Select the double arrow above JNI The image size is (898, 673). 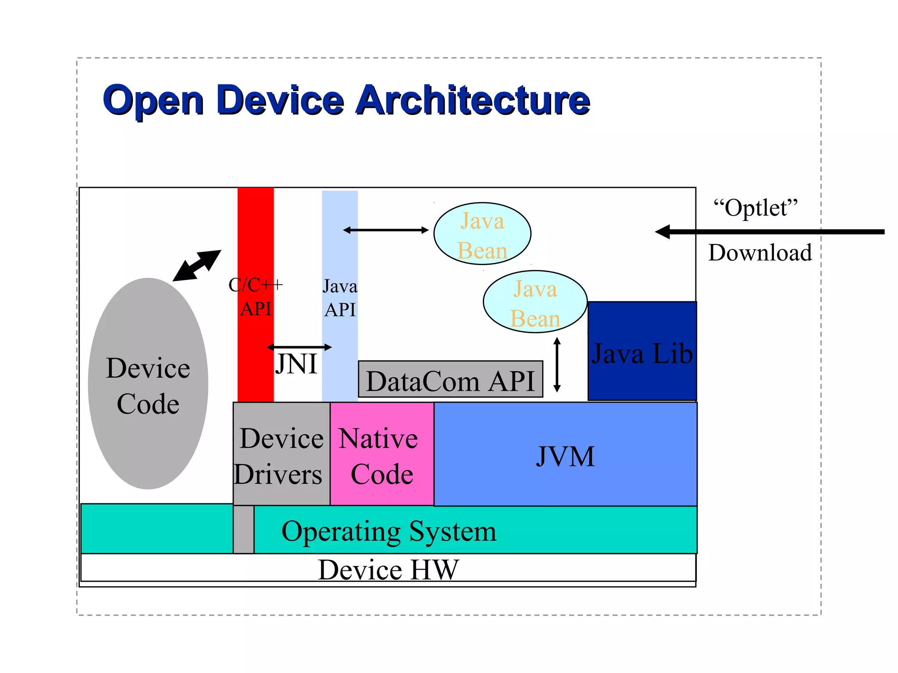(299, 347)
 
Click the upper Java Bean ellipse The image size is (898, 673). (482, 234)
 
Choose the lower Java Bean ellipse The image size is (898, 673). (535, 302)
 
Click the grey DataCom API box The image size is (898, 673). (450, 380)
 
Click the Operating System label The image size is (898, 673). (388, 531)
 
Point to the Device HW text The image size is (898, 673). (388, 570)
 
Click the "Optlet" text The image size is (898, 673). (755, 208)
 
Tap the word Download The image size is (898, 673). (760, 253)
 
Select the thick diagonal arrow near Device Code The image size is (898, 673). (197, 266)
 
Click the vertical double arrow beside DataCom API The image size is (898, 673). (557, 365)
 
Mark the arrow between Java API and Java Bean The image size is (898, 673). (386, 230)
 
